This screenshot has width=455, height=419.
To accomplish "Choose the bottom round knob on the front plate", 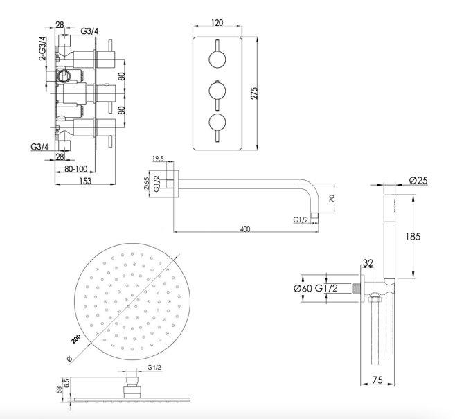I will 216,123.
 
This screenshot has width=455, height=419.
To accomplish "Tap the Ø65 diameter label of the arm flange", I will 147,185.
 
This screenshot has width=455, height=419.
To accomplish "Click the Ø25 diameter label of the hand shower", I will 418,181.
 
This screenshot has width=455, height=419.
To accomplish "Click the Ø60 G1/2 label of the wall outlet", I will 322,288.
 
